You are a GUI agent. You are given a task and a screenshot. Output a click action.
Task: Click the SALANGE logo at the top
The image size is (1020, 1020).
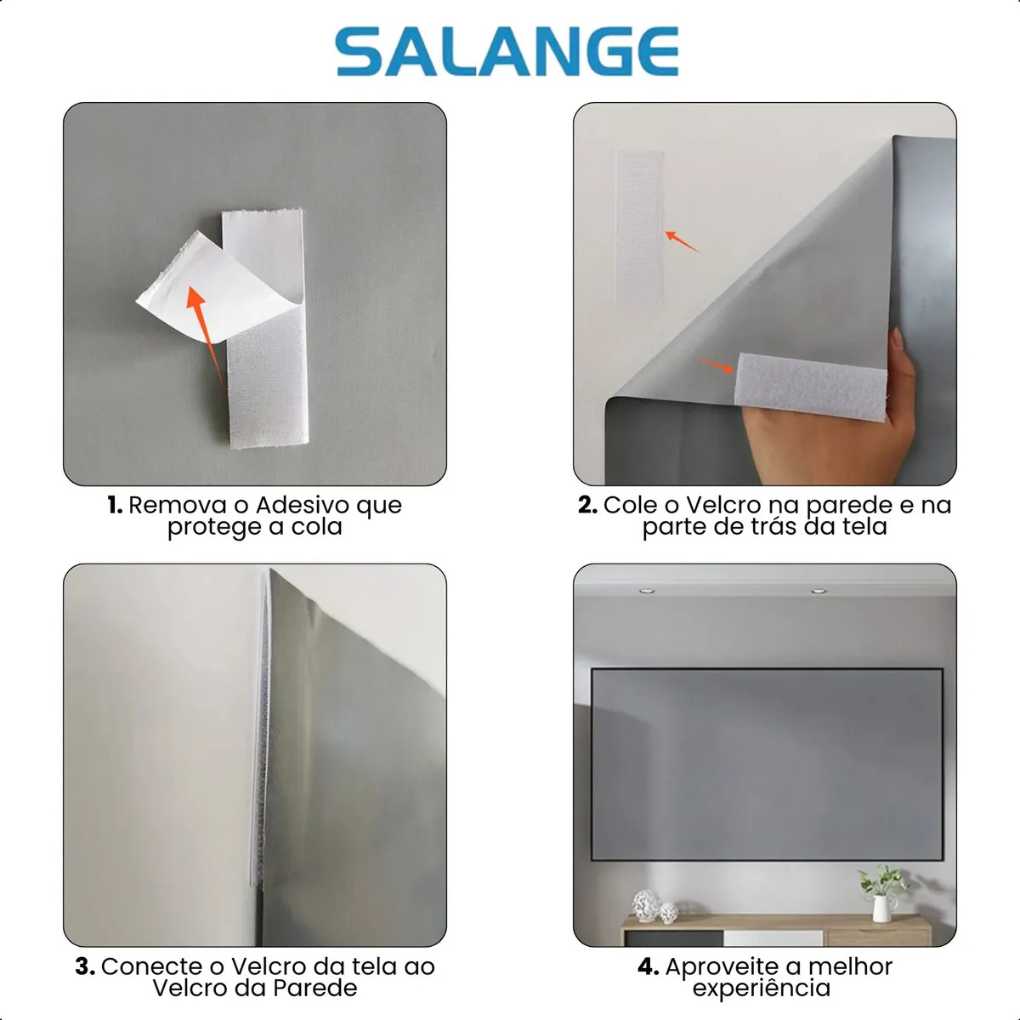coord(507,51)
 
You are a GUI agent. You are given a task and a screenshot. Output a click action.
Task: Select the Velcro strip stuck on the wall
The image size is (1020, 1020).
coord(640,229)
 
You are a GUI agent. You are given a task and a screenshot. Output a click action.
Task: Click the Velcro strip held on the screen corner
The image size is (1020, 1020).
coord(810,387)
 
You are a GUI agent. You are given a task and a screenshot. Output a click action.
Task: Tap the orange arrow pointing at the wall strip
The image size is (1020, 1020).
coord(682,241)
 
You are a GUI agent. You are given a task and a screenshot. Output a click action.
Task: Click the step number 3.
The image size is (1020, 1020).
coord(85,966)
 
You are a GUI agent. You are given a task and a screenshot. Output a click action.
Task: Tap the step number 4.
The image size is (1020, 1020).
coord(649,966)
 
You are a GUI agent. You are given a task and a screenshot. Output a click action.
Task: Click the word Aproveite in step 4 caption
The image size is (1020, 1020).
coord(722,967)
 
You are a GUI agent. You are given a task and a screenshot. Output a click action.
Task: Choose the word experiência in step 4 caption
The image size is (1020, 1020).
coord(761,989)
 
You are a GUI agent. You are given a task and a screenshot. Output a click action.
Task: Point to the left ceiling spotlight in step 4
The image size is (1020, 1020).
coord(646,591)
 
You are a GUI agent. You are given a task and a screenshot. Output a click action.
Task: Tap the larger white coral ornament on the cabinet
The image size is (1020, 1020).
coord(646,905)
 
